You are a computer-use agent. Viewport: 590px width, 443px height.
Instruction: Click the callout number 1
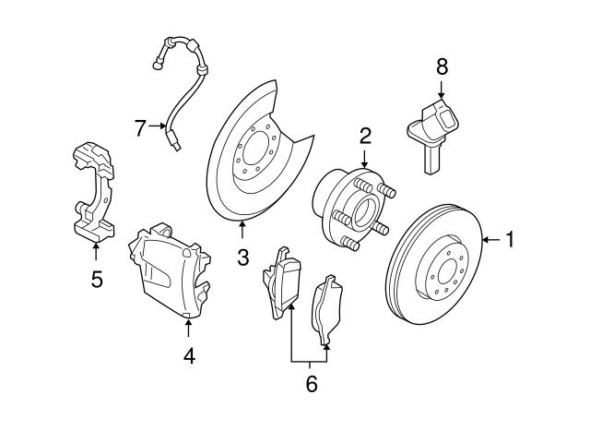510,241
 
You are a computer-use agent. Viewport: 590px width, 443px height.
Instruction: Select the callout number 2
365,137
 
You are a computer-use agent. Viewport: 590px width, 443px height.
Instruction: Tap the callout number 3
242,257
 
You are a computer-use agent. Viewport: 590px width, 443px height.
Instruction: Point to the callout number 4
188,354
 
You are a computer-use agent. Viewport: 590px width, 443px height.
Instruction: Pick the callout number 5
97,278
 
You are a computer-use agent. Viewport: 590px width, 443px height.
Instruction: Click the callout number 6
311,384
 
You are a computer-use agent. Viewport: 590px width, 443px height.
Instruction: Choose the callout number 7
140,128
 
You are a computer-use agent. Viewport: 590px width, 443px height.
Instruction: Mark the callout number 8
442,66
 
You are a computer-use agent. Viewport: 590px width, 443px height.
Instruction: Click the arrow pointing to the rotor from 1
490,241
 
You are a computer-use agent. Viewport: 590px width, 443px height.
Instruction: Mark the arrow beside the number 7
158,127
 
